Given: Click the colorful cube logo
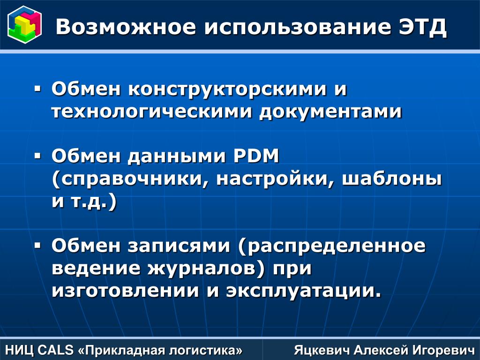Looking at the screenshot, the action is tap(24, 25).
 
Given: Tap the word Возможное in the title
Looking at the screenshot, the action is tap(126, 27).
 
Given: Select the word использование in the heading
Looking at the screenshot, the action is tap(298, 27).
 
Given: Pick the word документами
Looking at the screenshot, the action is tap(330, 112).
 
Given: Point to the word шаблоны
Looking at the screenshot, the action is tap(392, 179).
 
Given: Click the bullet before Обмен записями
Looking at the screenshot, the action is tap(37, 246).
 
